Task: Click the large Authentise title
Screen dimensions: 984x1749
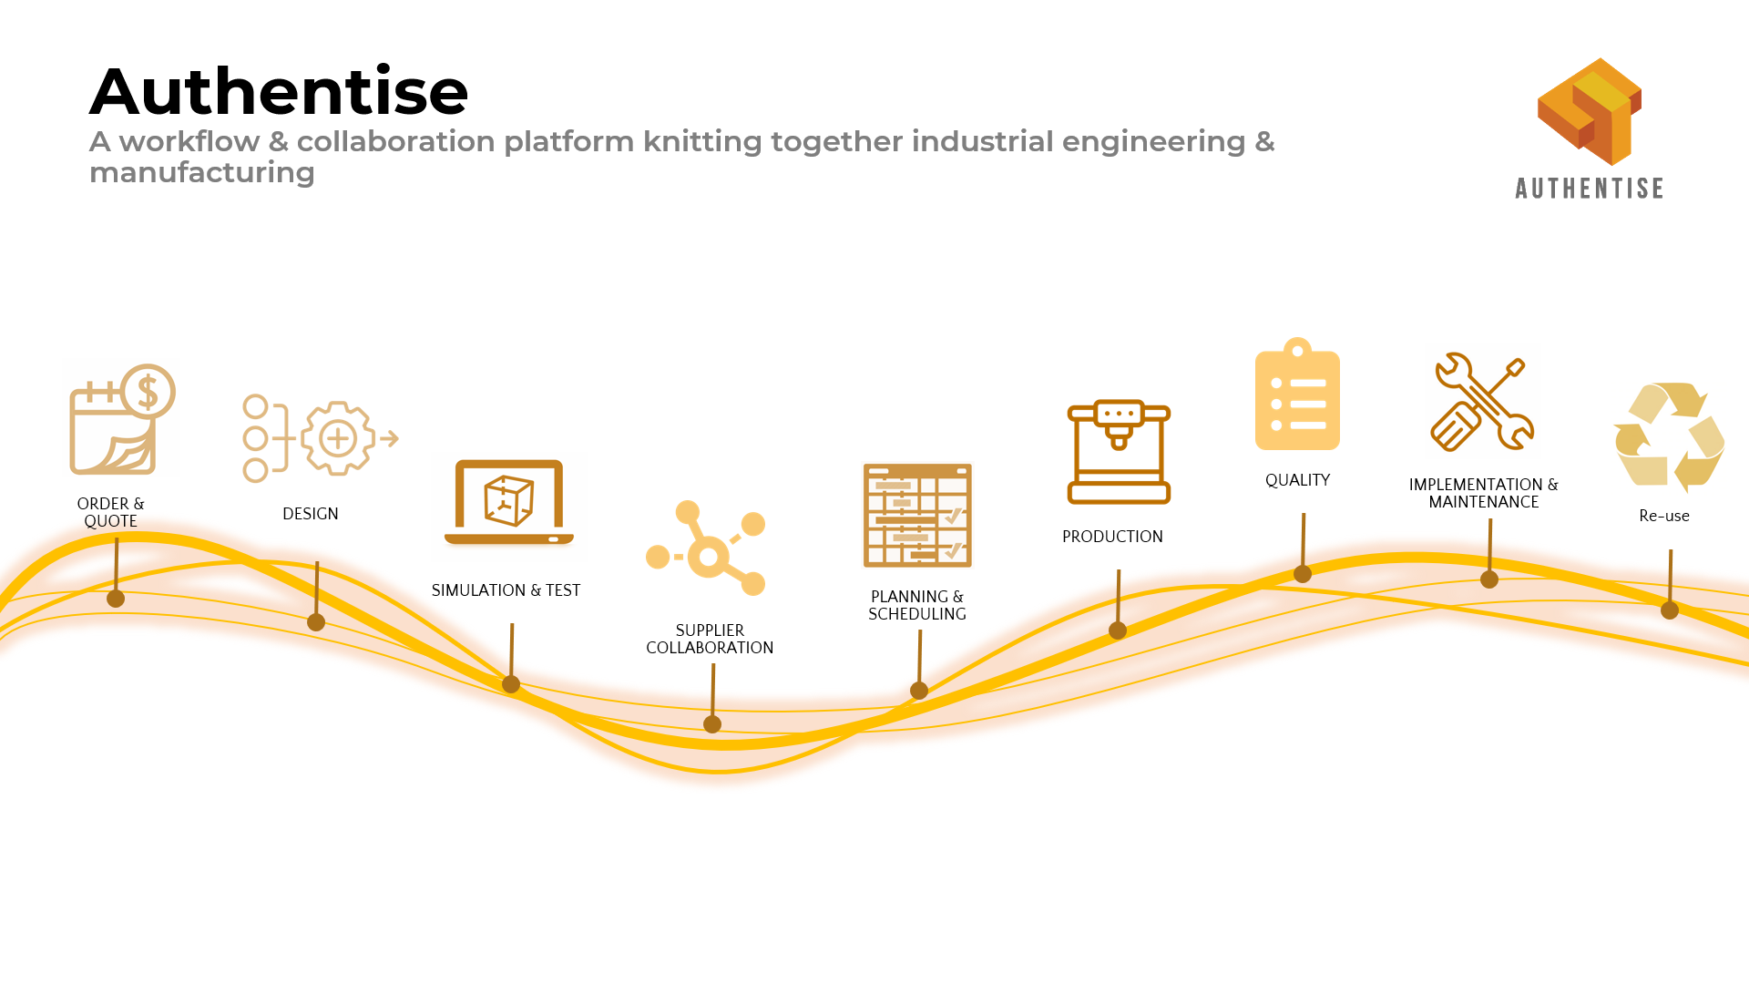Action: (x=279, y=91)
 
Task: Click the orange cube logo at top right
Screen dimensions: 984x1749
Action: (x=1590, y=111)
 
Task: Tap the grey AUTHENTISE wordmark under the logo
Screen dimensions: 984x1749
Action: (x=1589, y=189)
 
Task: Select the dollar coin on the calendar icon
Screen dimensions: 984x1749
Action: (x=148, y=392)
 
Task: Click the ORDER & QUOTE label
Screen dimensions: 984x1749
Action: (x=110, y=512)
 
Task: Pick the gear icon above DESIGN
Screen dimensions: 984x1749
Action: (x=338, y=438)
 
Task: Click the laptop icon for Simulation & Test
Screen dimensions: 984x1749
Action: (x=508, y=502)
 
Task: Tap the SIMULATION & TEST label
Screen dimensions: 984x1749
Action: (x=506, y=590)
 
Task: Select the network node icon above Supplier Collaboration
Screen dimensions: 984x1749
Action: (x=706, y=548)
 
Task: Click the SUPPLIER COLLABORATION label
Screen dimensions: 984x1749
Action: (x=710, y=639)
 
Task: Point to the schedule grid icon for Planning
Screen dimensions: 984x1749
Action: (x=917, y=516)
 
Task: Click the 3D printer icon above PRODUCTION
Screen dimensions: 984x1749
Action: (x=1119, y=452)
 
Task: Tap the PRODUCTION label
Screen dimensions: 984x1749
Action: (x=1112, y=537)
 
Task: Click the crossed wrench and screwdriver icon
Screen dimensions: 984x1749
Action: (x=1482, y=402)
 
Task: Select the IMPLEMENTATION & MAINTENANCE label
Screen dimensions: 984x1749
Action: (x=1483, y=493)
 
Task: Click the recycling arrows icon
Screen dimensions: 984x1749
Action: (x=1669, y=437)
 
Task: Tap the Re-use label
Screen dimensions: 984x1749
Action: (x=1664, y=516)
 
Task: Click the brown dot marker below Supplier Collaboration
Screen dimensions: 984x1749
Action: (x=712, y=724)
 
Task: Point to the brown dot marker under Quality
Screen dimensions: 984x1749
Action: (x=1303, y=574)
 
